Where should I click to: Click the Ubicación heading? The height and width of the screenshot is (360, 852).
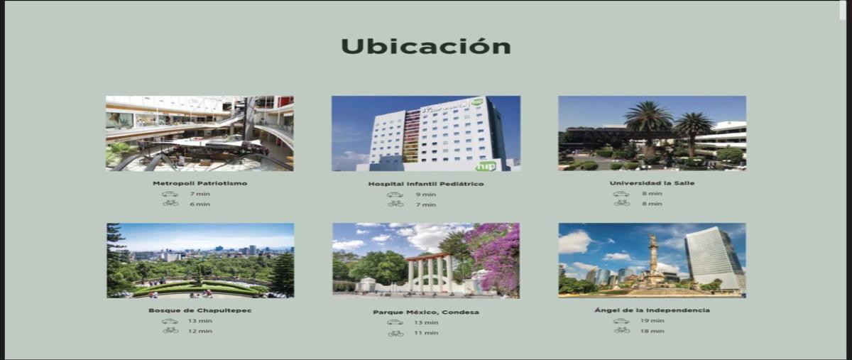pyautogui.click(x=425, y=47)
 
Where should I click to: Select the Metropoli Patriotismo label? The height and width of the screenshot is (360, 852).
pyautogui.click(x=200, y=183)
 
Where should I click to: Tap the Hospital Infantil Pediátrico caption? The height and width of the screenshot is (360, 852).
pyautogui.click(x=425, y=184)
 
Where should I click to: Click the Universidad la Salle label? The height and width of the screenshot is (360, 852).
pyautogui.click(x=652, y=183)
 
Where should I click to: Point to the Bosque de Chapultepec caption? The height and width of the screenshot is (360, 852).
pyautogui.click(x=200, y=310)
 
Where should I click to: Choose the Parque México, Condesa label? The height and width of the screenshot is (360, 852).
pyautogui.click(x=425, y=312)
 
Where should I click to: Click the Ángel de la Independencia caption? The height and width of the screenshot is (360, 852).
pyautogui.click(x=652, y=310)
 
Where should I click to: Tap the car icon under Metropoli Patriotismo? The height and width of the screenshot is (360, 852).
pyautogui.click(x=170, y=194)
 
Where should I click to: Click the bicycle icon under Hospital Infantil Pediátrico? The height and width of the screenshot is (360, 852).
pyautogui.click(x=395, y=204)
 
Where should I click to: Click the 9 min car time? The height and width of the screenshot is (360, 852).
pyautogui.click(x=426, y=195)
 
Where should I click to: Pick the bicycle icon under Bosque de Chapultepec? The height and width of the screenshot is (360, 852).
pyautogui.click(x=170, y=330)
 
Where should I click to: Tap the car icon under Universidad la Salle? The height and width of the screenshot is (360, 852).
pyautogui.click(x=621, y=194)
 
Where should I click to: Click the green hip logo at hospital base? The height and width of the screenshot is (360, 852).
pyautogui.click(x=486, y=165)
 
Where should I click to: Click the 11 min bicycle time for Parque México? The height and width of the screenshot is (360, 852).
pyautogui.click(x=426, y=332)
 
